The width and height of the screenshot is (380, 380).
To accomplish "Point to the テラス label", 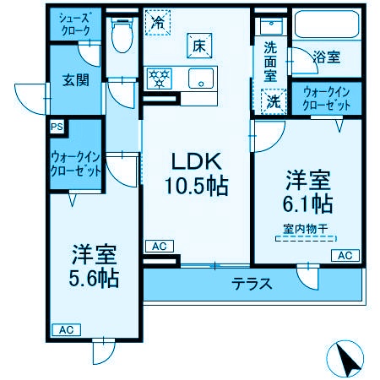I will point(252,284).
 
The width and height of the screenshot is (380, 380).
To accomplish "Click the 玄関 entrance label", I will point(74,82).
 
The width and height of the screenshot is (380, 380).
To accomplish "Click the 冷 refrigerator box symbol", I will point(157,22).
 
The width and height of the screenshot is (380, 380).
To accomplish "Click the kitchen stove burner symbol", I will point(160,79).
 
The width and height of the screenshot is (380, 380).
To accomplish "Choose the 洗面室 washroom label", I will point(270,61).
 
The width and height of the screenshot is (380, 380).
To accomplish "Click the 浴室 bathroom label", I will point(327,58).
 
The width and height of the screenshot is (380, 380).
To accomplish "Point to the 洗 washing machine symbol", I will point(274,100).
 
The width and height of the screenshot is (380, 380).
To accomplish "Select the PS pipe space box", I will point(57,127).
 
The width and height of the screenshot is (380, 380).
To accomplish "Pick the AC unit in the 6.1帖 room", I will point(345,255).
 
